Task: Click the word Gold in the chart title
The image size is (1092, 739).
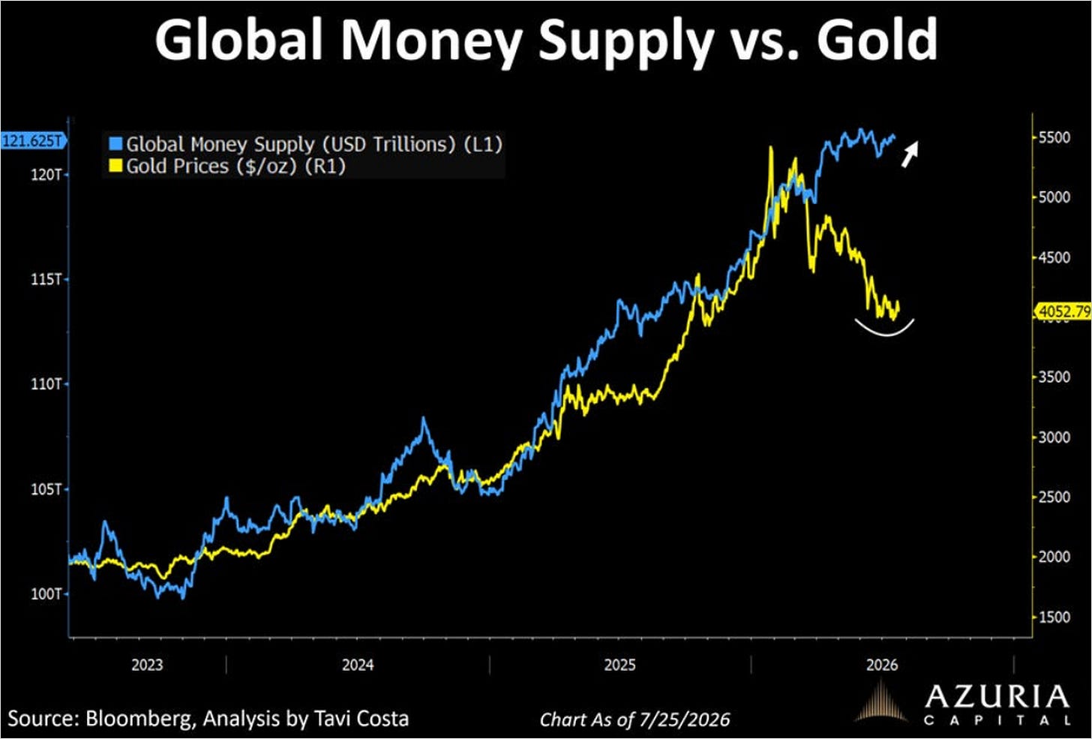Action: coord(877,40)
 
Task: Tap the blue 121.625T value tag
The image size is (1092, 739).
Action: coord(34,142)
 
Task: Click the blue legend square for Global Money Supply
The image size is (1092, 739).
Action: coord(115,144)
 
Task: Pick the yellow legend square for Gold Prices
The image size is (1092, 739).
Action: coord(115,166)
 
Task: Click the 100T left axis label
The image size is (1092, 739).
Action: coord(46,594)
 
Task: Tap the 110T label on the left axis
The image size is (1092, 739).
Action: coord(46,384)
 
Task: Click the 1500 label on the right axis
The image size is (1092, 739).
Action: coord(1054,617)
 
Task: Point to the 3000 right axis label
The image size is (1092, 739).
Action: coord(1054,437)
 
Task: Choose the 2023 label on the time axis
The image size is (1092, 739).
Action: coord(147,665)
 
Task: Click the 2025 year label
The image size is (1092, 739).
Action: coord(620,665)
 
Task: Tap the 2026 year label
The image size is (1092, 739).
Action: coord(882,665)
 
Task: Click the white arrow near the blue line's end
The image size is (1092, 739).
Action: coord(910,154)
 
